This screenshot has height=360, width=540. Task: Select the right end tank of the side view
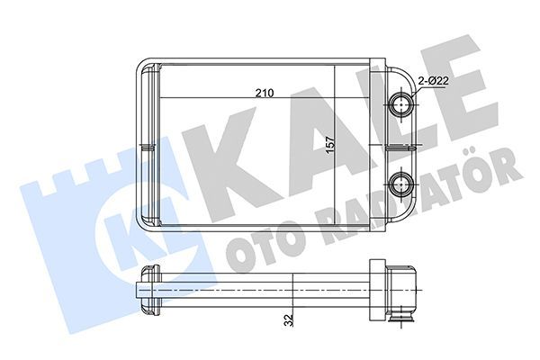coord(394,290)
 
